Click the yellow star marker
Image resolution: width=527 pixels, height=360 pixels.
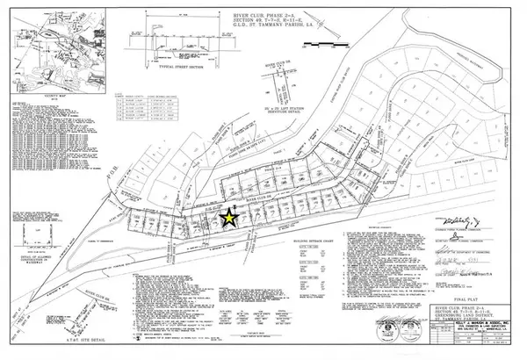(228, 218)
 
